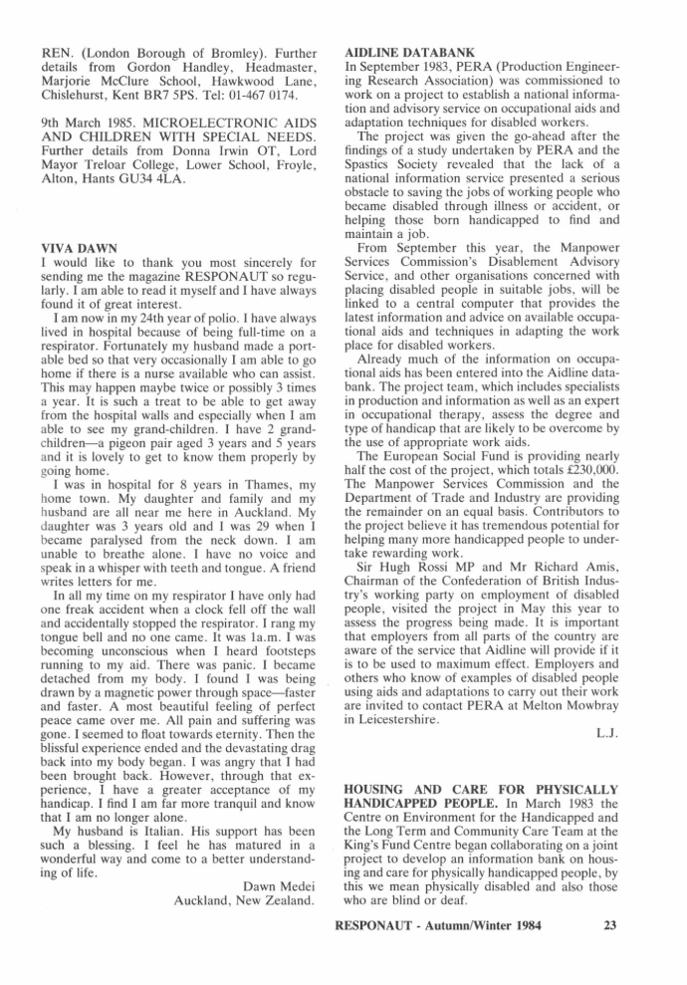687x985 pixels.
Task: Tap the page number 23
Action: click(x=610, y=923)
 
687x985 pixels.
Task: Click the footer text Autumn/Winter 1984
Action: click(x=495, y=923)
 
